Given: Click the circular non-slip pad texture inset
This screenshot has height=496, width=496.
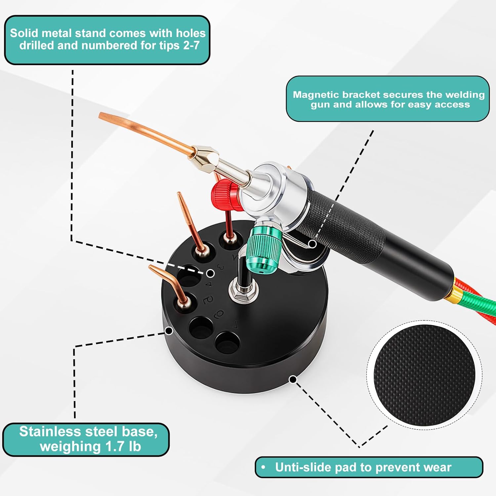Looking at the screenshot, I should [x=424, y=375].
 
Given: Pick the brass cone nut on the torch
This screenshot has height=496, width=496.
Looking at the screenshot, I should [x=205, y=158].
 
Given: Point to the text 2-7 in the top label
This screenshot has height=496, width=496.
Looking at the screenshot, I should [x=191, y=45].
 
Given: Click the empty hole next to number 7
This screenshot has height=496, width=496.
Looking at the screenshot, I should [x=227, y=342].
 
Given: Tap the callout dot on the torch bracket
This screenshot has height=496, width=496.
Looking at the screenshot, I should [x=312, y=244].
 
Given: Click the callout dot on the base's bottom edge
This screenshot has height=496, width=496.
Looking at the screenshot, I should [x=293, y=379].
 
